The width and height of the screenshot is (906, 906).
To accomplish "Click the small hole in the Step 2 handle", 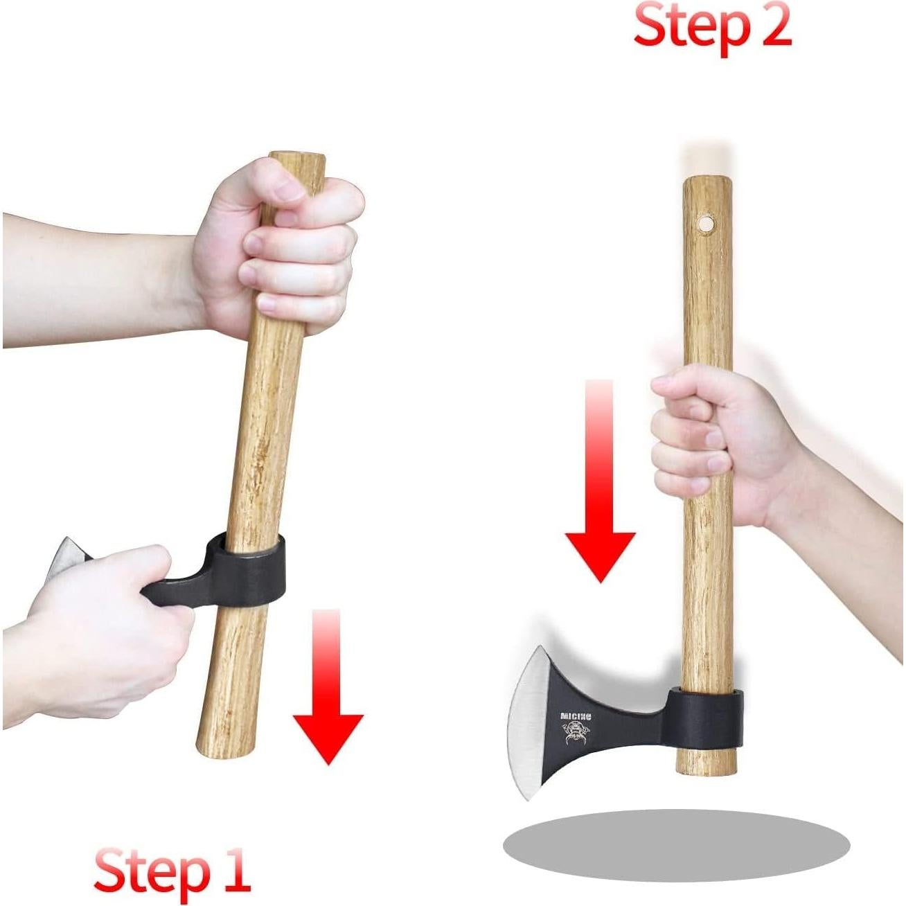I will tap(706, 224).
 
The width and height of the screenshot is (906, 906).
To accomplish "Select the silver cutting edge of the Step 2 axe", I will tap(523, 720).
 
